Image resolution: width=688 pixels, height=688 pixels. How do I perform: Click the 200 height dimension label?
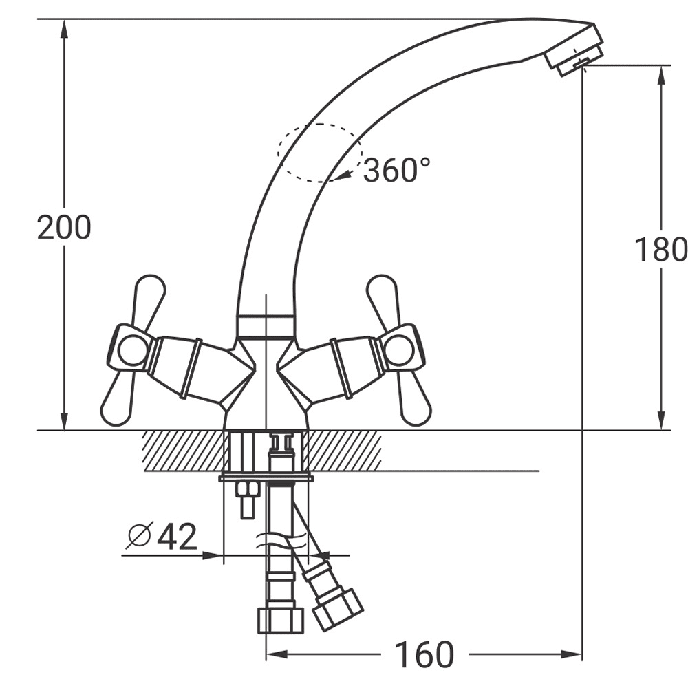(x=64, y=228)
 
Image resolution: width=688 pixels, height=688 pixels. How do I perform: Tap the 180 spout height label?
(x=660, y=249)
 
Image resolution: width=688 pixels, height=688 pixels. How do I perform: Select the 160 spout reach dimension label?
(x=424, y=655)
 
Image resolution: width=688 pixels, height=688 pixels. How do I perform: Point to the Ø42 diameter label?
(x=162, y=536)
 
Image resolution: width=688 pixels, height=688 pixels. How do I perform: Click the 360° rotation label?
(x=397, y=170)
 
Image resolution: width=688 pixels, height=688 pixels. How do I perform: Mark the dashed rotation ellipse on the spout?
(x=278, y=153)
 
